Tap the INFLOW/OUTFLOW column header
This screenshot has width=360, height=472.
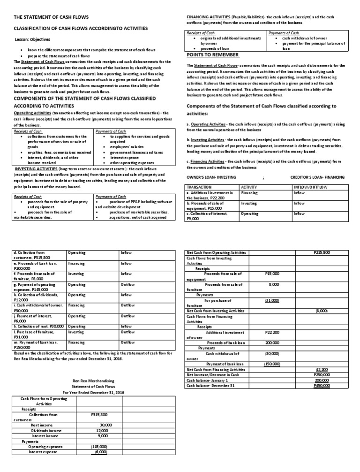(310, 187)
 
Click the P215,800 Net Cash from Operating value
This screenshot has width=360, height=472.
(322, 252)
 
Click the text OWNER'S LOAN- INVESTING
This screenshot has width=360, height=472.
(211, 177)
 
